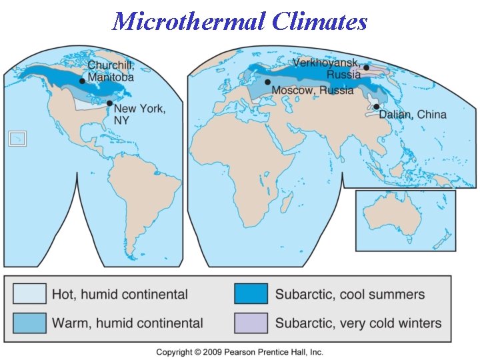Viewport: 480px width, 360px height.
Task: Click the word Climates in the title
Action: (x=319, y=21)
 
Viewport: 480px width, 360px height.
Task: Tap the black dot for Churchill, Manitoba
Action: (x=82, y=81)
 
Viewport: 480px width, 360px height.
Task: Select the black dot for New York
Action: (x=109, y=103)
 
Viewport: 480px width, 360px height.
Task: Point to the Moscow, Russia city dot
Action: (x=267, y=82)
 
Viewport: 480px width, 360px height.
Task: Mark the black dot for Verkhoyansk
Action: (x=366, y=67)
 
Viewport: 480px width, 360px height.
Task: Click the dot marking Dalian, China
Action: (x=377, y=107)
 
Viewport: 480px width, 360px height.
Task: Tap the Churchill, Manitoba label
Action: (x=111, y=71)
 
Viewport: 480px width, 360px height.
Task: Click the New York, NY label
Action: (x=139, y=114)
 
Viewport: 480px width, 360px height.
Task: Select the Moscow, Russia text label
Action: (x=312, y=90)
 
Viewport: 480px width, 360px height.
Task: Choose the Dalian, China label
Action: (x=413, y=115)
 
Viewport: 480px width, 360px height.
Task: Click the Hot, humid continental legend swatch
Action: (x=29, y=294)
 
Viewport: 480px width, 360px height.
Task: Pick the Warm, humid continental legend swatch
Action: (x=29, y=323)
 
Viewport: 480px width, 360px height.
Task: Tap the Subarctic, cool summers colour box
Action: (x=251, y=294)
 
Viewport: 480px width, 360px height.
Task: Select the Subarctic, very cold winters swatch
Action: (x=251, y=323)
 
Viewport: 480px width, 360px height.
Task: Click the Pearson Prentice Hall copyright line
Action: (x=239, y=351)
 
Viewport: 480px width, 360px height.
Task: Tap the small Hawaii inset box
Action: (x=15, y=138)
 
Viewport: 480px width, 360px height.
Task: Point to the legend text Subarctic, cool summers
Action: (x=350, y=294)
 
